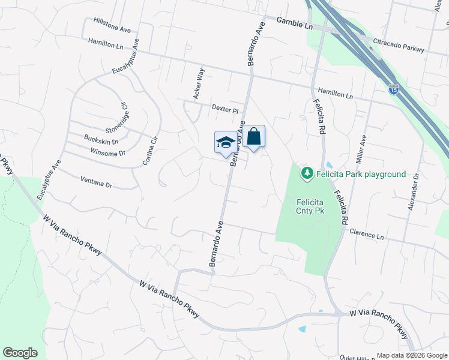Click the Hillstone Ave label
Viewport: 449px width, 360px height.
tap(112, 25)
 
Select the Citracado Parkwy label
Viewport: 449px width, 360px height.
tap(398, 48)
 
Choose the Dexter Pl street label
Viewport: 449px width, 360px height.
tap(225, 109)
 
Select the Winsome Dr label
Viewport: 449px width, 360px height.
tap(104, 153)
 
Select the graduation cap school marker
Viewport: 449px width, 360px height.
tap(226, 142)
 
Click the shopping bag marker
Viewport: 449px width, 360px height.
tap(253, 136)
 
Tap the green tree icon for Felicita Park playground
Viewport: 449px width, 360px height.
tap(307, 173)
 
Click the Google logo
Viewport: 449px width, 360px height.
tap(20, 353)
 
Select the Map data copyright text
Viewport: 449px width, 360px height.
tap(412, 355)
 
